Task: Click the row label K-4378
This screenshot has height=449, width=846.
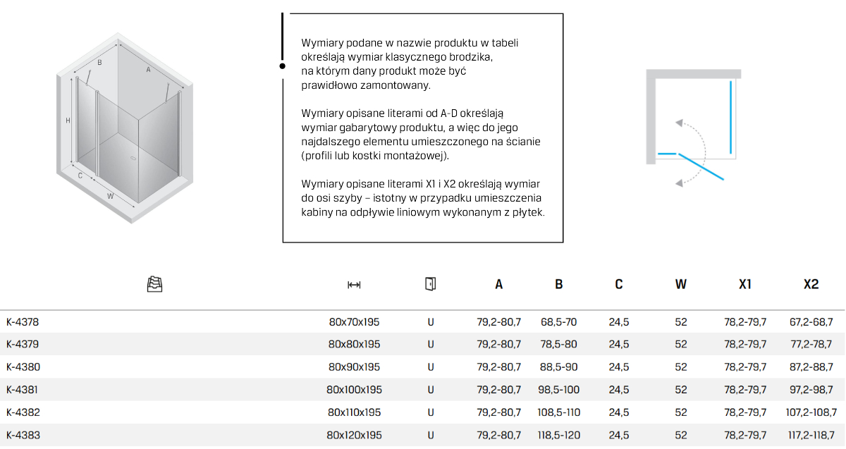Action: pos(23,322)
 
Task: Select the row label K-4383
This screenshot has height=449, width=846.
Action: pos(23,435)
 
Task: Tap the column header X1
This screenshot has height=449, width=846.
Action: pos(744,285)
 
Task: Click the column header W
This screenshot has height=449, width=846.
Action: pos(680,285)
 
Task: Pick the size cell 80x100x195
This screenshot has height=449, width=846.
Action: pos(354,390)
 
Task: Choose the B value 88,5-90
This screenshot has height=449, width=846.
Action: pos(558,367)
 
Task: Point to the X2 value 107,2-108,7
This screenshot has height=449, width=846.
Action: pos(811,412)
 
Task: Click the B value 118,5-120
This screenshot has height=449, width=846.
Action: pos(558,435)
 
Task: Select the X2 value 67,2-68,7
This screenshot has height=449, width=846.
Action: pos(811,322)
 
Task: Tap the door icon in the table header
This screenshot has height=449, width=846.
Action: pos(430,284)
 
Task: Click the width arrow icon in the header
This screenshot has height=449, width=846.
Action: pos(354,285)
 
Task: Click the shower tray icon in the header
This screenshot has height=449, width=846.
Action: pos(154,284)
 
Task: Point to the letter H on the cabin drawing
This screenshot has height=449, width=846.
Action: pos(68,121)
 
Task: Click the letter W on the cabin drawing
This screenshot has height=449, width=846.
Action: pos(111,195)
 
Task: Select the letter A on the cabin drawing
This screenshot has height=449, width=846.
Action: pos(148,70)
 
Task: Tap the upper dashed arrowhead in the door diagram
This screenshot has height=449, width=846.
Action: pos(679,123)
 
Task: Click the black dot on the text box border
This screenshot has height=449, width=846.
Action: pos(283,66)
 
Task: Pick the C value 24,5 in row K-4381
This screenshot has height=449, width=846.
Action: pos(618,390)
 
